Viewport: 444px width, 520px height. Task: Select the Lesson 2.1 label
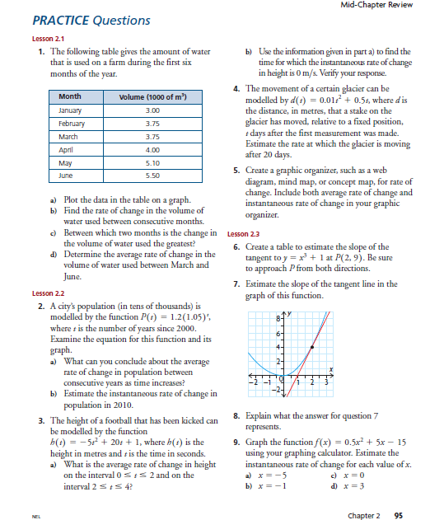pos(45,38)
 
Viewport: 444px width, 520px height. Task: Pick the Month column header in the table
pos(70,97)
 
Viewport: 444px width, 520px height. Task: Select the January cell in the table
pos(72,110)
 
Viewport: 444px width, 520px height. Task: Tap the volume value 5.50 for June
pos(152,176)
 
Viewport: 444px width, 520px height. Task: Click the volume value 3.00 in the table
pos(152,110)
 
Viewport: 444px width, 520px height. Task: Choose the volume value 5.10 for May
pos(152,162)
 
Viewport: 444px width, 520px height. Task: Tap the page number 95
pos(400,493)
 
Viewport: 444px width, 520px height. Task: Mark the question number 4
pos(236,87)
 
